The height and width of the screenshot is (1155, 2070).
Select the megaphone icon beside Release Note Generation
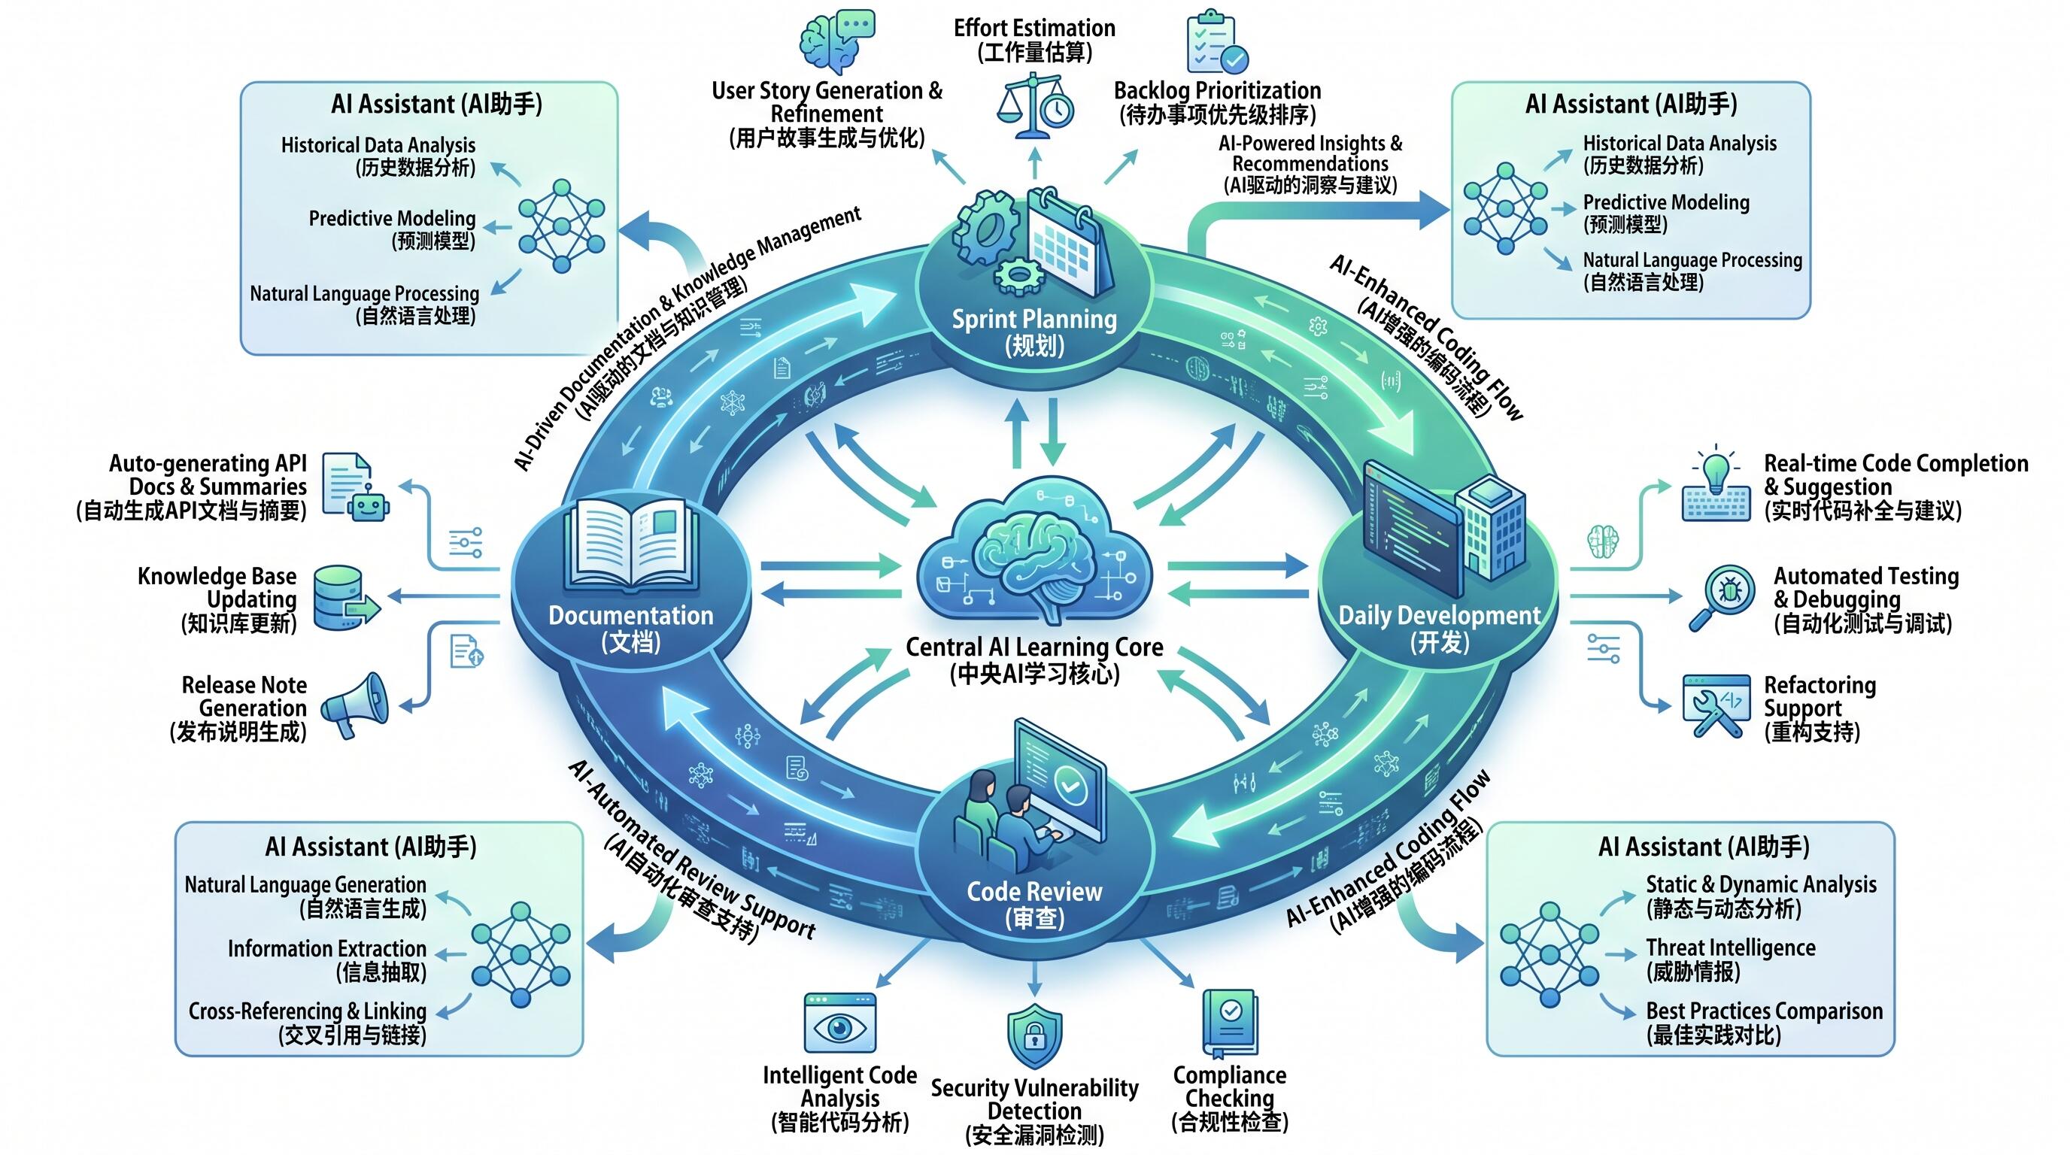click(354, 705)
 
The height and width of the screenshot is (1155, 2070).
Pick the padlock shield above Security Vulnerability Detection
click(1035, 1035)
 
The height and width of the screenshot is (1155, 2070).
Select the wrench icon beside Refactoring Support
click(1715, 705)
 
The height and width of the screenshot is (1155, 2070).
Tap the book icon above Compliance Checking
click(1230, 1022)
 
